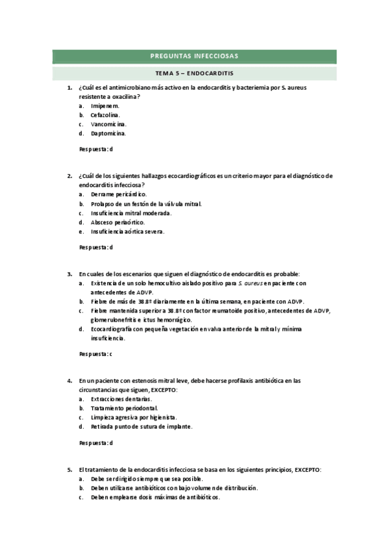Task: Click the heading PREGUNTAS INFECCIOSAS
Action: click(194, 57)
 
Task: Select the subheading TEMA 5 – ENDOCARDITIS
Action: click(194, 73)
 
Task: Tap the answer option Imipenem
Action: click(105, 105)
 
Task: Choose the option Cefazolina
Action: click(106, 114)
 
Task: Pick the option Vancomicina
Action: click(108, 124)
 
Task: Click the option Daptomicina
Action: click(108, 133)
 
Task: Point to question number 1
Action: click(69, 87)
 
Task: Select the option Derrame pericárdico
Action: click(119, 194)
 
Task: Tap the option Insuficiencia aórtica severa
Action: click(127, 231)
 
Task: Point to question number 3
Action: click(69, 274)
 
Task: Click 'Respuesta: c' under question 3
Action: click(95, 353)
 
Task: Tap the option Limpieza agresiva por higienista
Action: click(134, 417)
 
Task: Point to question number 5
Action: click(69, 469)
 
